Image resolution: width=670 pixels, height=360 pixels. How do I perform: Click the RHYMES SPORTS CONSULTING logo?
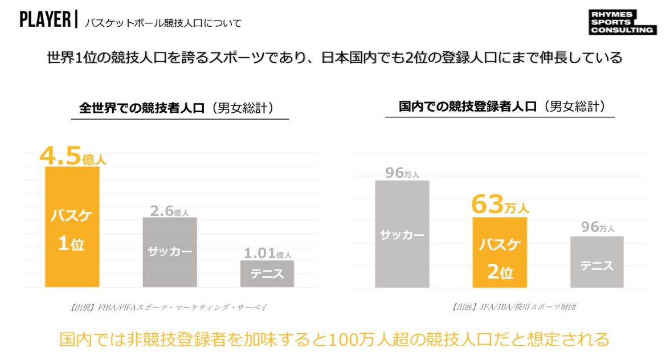622,23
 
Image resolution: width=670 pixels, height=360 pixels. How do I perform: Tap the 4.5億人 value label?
72,157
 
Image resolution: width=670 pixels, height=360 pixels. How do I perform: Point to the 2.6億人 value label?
169,211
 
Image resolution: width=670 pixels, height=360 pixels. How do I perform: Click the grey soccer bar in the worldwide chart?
169,252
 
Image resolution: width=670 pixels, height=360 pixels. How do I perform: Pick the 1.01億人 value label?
267,253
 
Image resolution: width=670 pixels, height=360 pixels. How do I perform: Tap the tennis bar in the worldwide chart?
267,274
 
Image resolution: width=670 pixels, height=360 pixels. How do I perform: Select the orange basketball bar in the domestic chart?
500,252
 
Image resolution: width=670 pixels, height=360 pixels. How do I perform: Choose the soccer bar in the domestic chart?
402,234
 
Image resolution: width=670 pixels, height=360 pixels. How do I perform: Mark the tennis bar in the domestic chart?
597,262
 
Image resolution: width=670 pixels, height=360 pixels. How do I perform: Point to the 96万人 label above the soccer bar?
402,173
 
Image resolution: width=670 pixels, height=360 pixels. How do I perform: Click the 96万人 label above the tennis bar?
598,227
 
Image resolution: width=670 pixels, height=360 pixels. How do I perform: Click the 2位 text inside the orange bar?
500,272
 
